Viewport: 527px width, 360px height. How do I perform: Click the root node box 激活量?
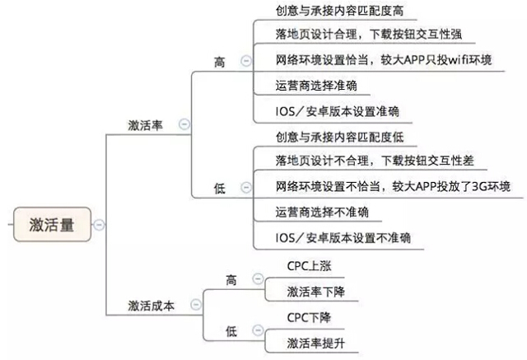[51, 224]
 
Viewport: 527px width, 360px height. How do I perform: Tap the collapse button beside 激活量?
[100, 224]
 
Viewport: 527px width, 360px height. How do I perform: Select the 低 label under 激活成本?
[231, 330]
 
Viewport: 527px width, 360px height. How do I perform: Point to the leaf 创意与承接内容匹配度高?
[340, 11]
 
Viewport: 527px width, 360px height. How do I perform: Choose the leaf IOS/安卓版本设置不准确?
[343, 238]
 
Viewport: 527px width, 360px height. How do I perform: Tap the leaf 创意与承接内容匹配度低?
[340, 135]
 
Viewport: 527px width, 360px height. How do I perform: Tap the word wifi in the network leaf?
[449, 60]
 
